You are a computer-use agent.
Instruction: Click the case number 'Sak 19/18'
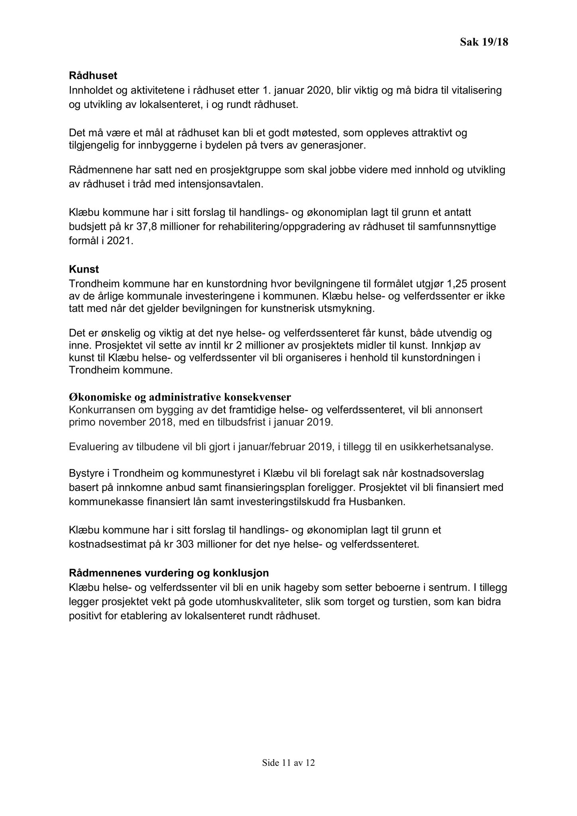click(x=484, y=42)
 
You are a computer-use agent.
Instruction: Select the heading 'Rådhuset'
click(x=93, y=76)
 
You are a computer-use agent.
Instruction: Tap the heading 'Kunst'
click(x=84, y=269)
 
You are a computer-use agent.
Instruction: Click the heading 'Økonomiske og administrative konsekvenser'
click(x=180, y=398)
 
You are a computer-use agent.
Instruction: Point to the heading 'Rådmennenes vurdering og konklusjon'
click(x=169, y=573)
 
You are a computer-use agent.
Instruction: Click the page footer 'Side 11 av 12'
click(x=288, y=763)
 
